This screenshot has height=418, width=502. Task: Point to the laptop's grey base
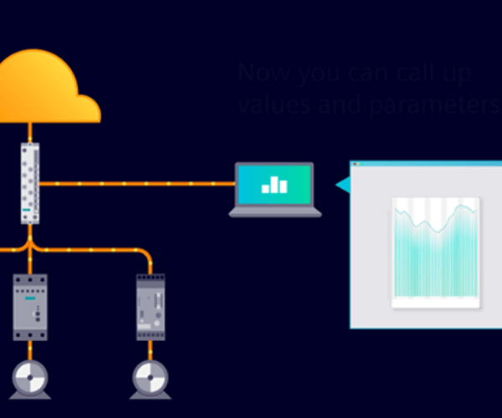(275, 212)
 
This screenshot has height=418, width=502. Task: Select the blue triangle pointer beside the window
(341, 184)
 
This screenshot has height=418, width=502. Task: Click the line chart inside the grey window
(435, 251)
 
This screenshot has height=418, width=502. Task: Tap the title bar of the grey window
(427, 164)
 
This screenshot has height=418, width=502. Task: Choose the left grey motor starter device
(30, 306)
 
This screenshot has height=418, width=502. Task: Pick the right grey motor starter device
(151, 306)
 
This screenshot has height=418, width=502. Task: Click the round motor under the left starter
(30, 378)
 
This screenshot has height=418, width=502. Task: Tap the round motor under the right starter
(151, 378)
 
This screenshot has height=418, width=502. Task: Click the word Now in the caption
(258, 73)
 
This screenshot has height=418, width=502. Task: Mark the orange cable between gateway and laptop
(134, 183)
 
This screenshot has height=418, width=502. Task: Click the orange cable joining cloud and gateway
(30, 132)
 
